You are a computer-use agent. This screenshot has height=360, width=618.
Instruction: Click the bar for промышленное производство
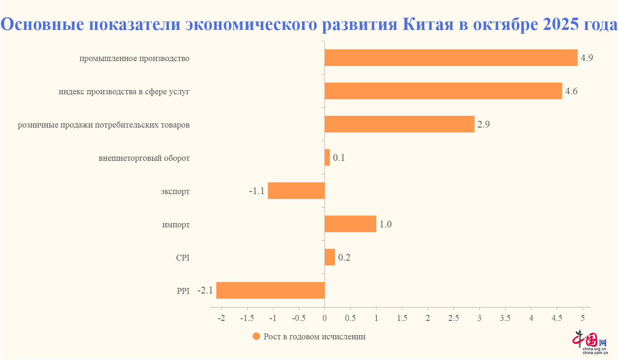(x=450, y=58)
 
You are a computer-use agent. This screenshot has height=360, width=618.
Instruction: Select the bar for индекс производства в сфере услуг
(x=443, y=91)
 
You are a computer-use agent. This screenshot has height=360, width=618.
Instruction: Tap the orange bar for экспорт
(x=296, y=191)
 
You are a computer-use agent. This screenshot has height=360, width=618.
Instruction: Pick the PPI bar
(x=270, y=291)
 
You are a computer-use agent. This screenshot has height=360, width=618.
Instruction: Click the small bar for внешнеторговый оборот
(x=327, y=157)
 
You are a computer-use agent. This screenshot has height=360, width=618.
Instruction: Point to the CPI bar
(x=330, y=257)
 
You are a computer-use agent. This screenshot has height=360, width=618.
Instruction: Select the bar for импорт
(x=350, y=224)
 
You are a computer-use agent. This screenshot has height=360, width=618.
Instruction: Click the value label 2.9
(x=483, y=125)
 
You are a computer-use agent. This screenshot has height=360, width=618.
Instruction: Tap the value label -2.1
(x=205, y=291)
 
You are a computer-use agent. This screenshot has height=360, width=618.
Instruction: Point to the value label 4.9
(x=586, y=58)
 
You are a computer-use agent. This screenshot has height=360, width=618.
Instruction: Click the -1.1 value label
(x=256, y=191)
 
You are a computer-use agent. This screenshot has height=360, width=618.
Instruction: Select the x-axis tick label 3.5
(x=505, y=318)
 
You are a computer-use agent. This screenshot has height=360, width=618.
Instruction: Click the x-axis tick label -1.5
(x=247, y=318)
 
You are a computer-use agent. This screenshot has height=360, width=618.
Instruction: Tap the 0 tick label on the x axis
(x=325, y=318)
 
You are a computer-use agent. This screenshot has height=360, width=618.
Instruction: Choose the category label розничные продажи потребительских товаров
(x=104, y=125)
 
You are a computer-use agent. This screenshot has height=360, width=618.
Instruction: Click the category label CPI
(x=183, y=258)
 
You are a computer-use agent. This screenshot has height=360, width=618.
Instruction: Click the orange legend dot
(x=256, y=336)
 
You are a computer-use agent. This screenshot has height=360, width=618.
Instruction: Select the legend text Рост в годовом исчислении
(x=314, y=337)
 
